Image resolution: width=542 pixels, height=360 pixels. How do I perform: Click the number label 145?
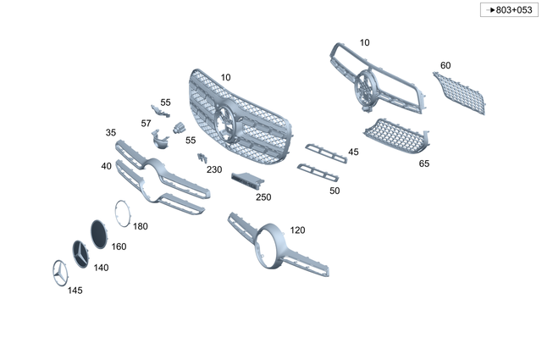(75, 291)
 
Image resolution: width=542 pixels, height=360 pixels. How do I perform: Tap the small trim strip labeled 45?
(326, 152)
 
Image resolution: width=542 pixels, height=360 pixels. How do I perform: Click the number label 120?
(297, 230)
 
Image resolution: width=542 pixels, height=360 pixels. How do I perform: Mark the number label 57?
(147, 123)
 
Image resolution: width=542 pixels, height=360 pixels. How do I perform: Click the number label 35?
(111, 133)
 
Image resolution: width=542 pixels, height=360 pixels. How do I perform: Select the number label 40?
(106, 166)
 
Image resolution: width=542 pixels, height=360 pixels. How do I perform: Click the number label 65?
(424, 163)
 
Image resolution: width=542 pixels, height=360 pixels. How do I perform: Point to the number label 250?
(263, 197)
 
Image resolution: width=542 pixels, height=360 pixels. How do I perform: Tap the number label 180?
(141, 226)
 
